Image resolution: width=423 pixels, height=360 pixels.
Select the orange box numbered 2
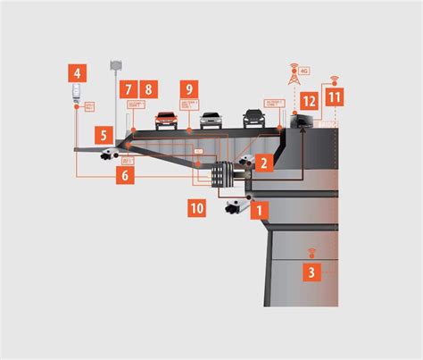point(263,163)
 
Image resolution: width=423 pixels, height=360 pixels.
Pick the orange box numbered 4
point(79,72)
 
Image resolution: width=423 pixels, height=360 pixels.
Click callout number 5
point(104,137)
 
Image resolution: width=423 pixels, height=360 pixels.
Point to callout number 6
point(125,177)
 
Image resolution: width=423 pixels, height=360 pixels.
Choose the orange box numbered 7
point(128,89)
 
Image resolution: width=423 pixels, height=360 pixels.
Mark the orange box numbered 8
point(148,89)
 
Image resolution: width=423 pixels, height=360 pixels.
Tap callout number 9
point(187,89)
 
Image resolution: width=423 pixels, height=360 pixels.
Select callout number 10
point(197,209)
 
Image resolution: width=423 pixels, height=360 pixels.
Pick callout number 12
point(309,102)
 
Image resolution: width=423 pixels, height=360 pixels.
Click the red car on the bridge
point(166,120)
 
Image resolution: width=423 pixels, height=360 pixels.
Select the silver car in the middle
point(210,120)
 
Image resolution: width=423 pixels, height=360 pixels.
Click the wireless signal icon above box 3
point(311,253)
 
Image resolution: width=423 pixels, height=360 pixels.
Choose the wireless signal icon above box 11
point(334,80)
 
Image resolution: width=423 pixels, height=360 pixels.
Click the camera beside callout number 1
point(235,208)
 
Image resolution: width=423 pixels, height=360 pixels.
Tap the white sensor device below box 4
point(77,92)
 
